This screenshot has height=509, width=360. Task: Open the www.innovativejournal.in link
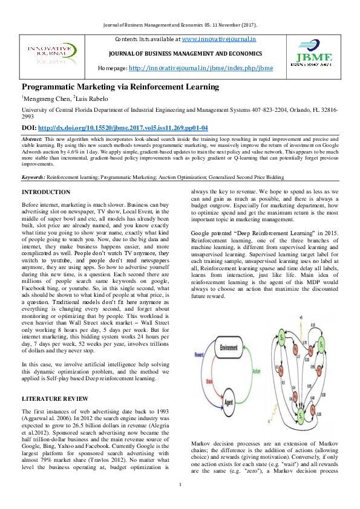point(218,39)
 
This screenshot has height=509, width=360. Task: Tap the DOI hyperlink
point(123,128)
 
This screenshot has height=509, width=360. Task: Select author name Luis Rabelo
point(94,98)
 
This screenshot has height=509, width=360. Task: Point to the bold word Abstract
point(33,138)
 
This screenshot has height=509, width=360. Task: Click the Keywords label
point(33,178)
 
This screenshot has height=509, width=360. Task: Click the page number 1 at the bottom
point(180,485)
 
